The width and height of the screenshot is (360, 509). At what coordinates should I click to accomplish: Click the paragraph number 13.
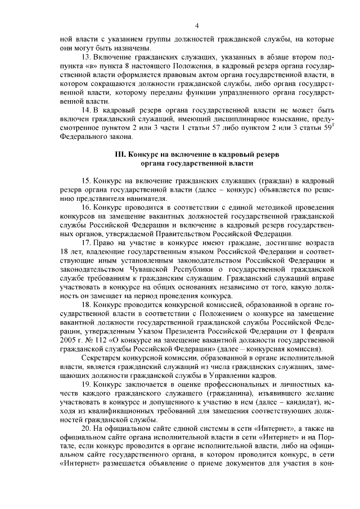(86, 57)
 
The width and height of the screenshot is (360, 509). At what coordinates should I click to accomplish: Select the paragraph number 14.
(86, 110)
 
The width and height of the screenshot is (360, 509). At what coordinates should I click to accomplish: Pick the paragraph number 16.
(86, 208)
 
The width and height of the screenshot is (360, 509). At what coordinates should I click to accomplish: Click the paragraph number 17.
(86, 243)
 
